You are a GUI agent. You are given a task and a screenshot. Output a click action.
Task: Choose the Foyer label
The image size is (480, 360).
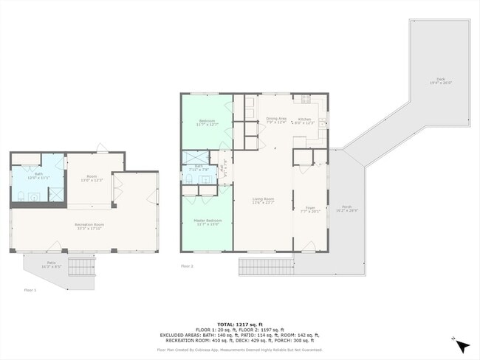(x=310, y=209)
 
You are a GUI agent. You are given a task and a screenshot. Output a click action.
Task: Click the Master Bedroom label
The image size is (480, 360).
(x=207, y=222)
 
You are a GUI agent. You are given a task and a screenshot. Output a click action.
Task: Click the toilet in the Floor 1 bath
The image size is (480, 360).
(x=21, y=196)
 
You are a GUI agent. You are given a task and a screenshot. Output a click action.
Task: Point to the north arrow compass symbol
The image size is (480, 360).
(x=462, y=345)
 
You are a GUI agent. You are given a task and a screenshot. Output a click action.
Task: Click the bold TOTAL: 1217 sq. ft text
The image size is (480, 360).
(x=239, y=323)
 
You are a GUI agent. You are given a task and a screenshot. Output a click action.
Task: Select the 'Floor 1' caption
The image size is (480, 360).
(x=30, y=290)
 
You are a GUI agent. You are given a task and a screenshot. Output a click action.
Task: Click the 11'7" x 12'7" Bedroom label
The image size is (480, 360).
(x=207, y=122)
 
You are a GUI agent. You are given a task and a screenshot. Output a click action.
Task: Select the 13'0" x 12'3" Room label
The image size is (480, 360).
(x=92, y=179)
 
